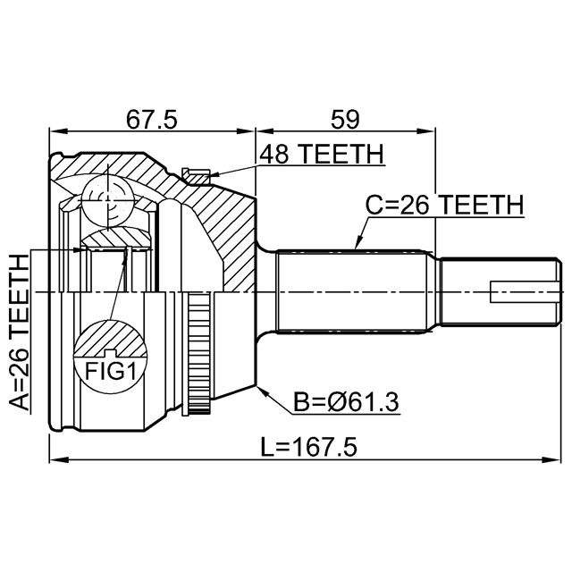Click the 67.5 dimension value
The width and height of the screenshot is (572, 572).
[151, 119]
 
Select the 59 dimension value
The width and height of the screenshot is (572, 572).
[346, 119]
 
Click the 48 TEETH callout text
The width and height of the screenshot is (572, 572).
[321, 155]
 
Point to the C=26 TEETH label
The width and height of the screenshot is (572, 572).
[443, 206]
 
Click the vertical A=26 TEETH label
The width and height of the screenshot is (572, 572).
[19, 332]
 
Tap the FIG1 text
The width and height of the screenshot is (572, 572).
[110, 370]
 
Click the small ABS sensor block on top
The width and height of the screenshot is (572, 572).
[194, 174]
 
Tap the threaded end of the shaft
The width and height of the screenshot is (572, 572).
[500, 292]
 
